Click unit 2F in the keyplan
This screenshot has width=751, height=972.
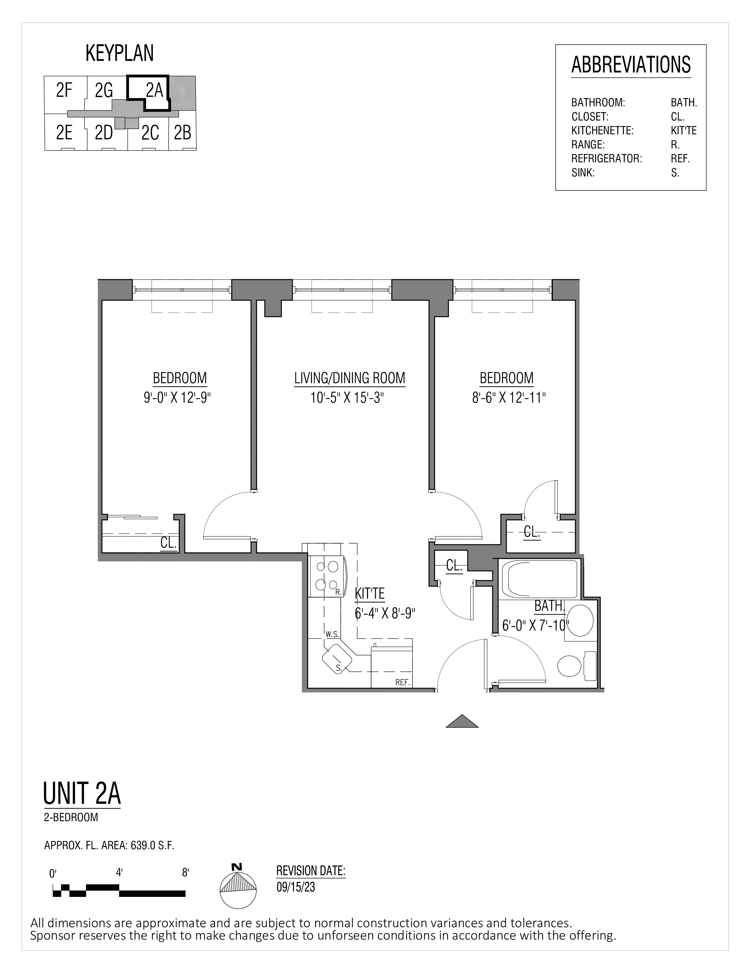pos(64,91)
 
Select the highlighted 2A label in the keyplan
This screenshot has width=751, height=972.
pos(154,91)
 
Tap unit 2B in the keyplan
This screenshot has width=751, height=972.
pos(182,133)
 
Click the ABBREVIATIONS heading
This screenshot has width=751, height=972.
pos(631,65)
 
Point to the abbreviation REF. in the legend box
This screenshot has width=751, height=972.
pos(680,159)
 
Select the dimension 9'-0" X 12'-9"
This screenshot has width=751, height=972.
pos(177,397)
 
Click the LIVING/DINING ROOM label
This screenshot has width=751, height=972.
pos(349,378)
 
